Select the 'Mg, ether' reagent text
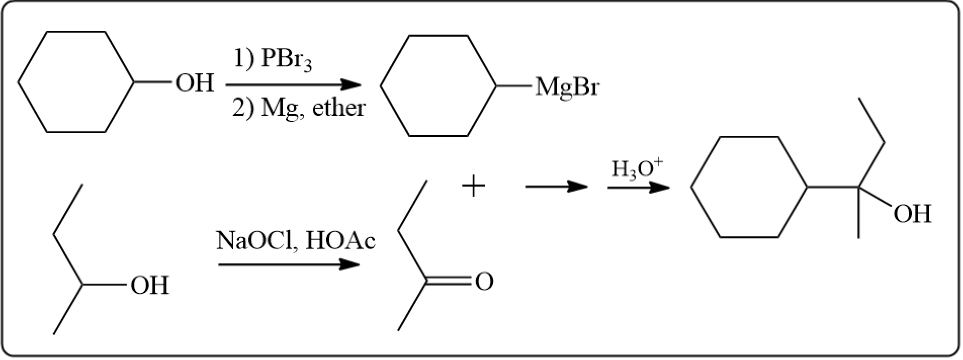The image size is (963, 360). coord(313,108)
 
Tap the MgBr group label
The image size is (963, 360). coord(567,87)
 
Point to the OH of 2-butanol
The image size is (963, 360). coord(150,286)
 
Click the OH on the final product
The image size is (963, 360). coord(912,214)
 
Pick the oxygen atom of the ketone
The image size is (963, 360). coord(484,282)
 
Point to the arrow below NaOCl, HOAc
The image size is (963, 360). coord(289,264)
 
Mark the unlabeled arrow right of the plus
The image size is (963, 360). coord(556,187)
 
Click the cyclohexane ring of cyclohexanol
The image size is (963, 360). coord(76,82)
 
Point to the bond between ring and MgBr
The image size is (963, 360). coord(513,86)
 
